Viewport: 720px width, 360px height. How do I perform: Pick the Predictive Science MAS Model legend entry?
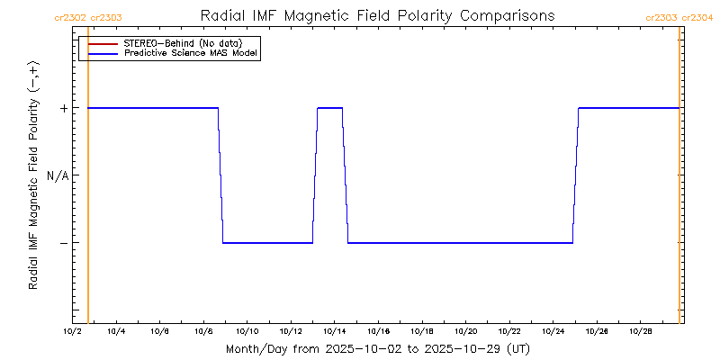point(191,54)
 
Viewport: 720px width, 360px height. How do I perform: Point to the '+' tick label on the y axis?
point(64,108)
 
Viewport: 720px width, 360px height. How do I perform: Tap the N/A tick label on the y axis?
point(58,175)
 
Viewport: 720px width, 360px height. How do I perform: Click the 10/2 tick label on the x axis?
point(73,332)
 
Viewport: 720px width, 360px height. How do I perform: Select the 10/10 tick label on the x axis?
point(247,332)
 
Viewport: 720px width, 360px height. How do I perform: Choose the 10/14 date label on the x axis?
point(335,332)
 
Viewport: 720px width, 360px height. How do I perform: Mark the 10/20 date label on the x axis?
point(465,332)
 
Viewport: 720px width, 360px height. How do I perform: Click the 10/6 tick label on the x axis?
point(160,332)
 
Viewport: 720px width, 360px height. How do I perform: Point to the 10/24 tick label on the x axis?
point(553,332)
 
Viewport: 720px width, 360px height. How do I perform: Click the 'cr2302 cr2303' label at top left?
point(89,17)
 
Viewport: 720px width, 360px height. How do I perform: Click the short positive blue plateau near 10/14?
point(329,108)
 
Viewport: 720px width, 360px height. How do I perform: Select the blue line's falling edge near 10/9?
point(220,175)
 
